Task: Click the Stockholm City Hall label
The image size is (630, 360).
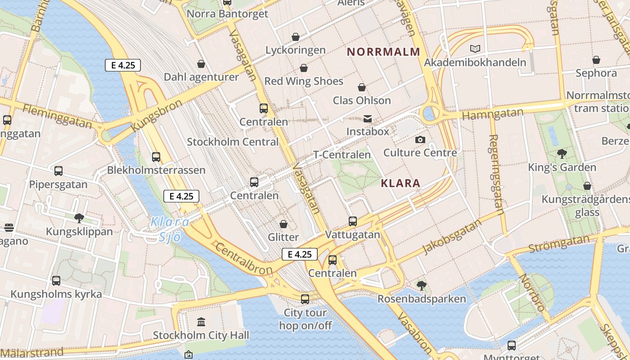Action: pyautogui.click(x=201, y=335)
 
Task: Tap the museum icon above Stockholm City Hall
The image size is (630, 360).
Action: pyautogui.click(x=201, y=322)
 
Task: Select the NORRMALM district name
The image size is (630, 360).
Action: pyautogui.click(x=383, y=52)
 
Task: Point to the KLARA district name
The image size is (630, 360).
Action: pyautogui.click(x=400, y=183)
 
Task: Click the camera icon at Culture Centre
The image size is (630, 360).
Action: pyautogui.click(x=420, y=140)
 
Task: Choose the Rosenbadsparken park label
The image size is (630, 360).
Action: pyautogui.click(x=421, y=299)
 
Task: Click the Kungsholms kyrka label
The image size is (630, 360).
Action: pyautogui.click(x=56, y=294)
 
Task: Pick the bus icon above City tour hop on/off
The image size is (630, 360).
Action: pyautogui.click(x=305, y=299)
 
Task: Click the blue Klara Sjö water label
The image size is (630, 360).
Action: pyautogui.click(x=170, y=229)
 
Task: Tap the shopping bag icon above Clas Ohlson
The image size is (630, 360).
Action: pyautogui.click(x=361, y=87)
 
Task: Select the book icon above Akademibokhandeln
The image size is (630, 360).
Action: pyautogui.click(x=475, y=49)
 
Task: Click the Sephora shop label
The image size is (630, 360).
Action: pyautogui.click(x=596, y=73)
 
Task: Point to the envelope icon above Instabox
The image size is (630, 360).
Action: pyautogui.click(x=368, y=119)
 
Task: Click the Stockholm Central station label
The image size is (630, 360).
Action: pyautogui.click(x=233, y=142)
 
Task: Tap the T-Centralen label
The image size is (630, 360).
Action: pyautogui.click(x=342, y=155)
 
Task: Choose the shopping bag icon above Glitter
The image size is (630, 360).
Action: pyautogui.click(x=283, y=224)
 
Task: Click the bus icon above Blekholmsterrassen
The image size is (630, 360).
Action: pyautogui.click(x=156, y=157)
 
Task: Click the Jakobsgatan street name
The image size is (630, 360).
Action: pyautogui.click(x=452, y=237)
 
